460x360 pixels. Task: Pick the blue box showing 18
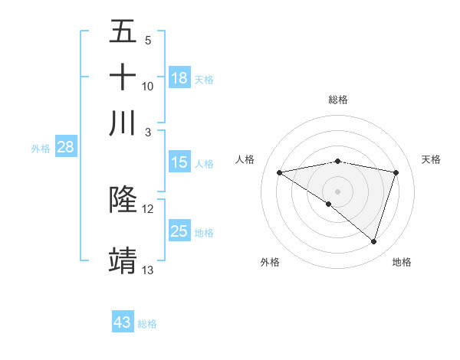pos(179,77)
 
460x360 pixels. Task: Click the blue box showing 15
pos(179,162)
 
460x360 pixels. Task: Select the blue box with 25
pos(179,231)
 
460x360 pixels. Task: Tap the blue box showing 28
pos(65,148)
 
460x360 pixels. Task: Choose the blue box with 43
pos(123,322)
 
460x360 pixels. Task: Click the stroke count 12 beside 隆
pos(148,208)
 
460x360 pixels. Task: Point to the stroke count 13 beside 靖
pos(148,270)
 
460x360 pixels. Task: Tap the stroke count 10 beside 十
pos(148,86)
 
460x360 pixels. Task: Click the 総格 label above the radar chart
pos(337,100)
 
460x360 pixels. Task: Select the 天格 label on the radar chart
pos(431,159)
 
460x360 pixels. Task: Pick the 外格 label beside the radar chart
pos(270,262)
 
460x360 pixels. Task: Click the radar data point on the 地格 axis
pos(373,241)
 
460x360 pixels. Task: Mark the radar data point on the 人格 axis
pos(279,172)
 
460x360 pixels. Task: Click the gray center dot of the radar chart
pos(337,191)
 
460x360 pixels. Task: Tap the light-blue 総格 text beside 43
pos(147,324)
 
